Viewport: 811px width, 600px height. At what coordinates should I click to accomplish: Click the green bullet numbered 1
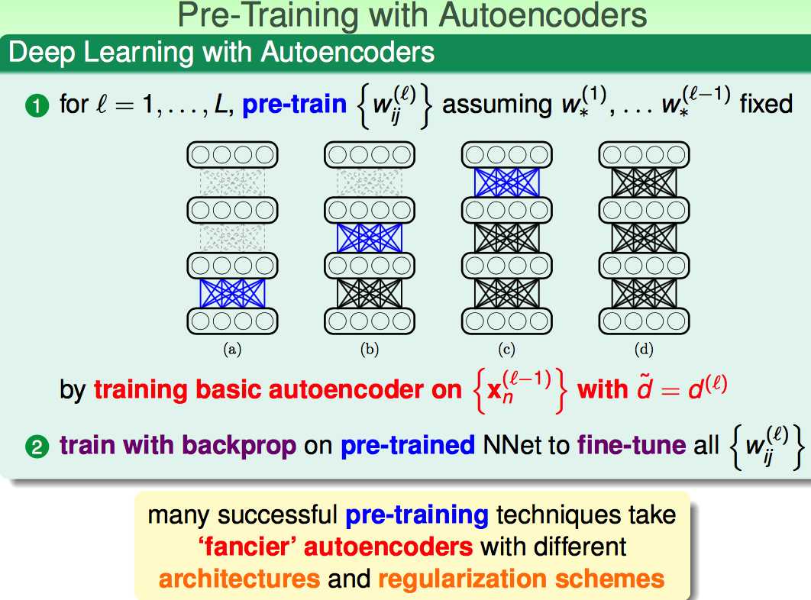[x=37, y=106]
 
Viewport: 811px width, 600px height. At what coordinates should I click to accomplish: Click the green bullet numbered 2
[x=37, y=447]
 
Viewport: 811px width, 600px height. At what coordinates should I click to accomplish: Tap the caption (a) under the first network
[x=232, y=350]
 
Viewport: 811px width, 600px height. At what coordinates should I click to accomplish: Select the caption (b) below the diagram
[x=370, y=350]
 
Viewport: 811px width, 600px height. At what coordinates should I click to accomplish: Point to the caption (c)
[x=506, y=350]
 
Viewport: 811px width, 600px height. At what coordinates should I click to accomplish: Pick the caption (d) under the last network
[x=644, y=350]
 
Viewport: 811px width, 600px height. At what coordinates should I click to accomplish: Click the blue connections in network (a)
[x=232, y=293]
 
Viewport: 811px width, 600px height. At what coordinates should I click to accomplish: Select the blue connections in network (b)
[x=370, y=238]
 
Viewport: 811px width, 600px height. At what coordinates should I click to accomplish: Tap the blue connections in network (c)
[x=506, y=182]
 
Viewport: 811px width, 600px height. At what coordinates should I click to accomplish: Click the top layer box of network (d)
[x=644, y=155]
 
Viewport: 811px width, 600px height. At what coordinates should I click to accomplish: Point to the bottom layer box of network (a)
[x=232, y=321]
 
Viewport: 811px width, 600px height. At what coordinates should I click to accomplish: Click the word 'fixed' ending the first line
[x=766, y=104]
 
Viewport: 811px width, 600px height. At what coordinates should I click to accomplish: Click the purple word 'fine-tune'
[x=632, y=445]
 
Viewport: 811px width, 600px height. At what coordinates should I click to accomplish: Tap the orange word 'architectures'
[x=240, y=579]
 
